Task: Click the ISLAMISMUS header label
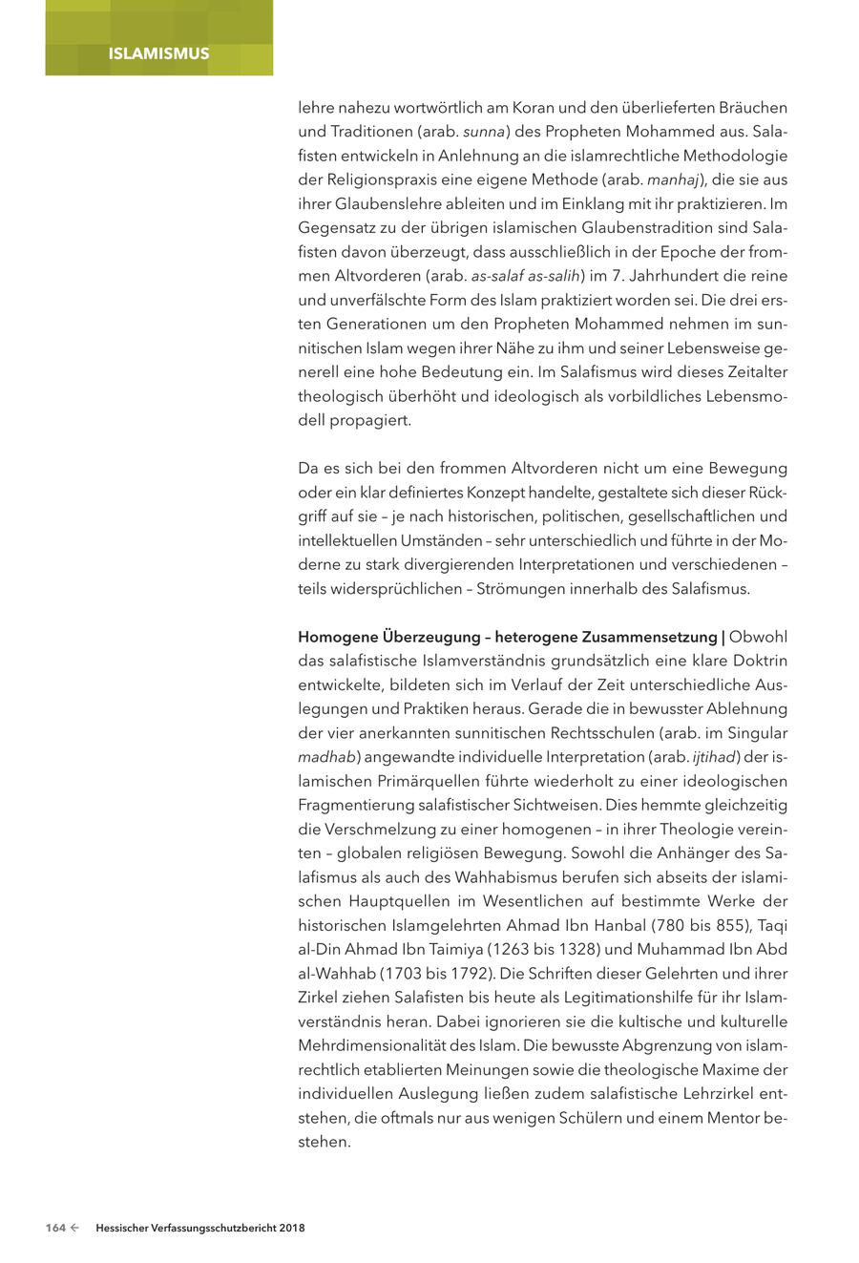(x=158, y=53)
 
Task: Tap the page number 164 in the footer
(x=55, y=1228)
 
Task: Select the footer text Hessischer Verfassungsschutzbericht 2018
(x=200, y=1228)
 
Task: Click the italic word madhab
(x=326, y=757)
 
